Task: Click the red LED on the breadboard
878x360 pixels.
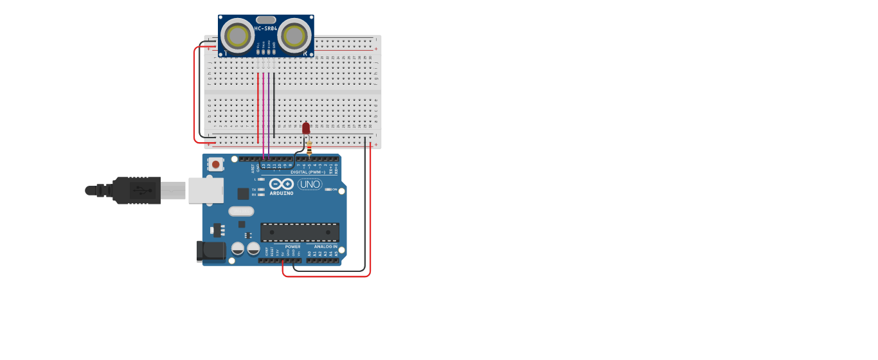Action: (x=306, y=129)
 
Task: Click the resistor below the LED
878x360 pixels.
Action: (x=309, y=150)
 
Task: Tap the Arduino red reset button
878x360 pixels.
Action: (x=215, y=165)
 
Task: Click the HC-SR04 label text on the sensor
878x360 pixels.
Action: (x=266, y=28)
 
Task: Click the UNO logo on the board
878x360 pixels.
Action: (x=310, y=184)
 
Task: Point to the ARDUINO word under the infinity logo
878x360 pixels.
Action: (x=282, y=193)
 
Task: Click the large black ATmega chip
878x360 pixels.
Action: (x=300, y=233)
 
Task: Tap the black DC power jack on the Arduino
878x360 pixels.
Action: (x=211, y=251)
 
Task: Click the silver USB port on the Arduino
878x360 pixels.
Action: (x=206, y=190)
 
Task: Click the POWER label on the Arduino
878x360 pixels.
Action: (x=292, y=247)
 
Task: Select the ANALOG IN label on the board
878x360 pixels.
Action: (x=325, y=247)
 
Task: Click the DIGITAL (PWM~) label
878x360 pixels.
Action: (x=308, y=172)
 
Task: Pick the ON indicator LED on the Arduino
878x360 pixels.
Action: (x=328, y=189)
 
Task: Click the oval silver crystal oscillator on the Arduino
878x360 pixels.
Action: (x=241, y=211)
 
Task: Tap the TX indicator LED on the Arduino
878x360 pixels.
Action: (x=261, y=190)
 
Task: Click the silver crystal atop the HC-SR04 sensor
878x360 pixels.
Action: (x=266, y=20)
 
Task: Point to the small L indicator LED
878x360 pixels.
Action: (x=261, y=179)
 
